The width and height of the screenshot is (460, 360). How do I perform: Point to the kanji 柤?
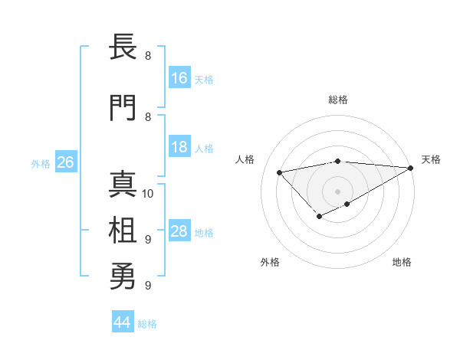click(x=123, y=231)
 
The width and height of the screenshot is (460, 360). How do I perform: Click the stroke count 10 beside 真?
click(x=148, y=193)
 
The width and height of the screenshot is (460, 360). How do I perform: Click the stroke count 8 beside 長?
click(x=148, y=56)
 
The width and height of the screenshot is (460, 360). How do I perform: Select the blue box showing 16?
click(x=179, y=78)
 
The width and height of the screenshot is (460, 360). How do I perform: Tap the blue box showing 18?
click(x=179, y=147)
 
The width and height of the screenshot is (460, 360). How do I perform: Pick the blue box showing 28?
click(x=179, y=231)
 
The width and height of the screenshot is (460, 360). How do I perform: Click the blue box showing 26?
click(x=65, y=162)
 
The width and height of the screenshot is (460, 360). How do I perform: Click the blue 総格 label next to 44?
click(x=147, y=324)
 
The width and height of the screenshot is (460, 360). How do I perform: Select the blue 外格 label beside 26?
click(x=41, y=163)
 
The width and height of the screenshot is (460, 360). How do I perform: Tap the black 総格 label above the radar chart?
click(x=337, y=100)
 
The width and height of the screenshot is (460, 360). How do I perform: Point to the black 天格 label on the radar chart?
click(x=431, y=159)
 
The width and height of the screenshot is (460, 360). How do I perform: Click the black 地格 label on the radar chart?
click(x=402, y=262)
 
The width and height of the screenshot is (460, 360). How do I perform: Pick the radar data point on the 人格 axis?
click(x=279, y=172)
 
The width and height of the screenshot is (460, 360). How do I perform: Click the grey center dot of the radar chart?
click(x=337, y=191)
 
